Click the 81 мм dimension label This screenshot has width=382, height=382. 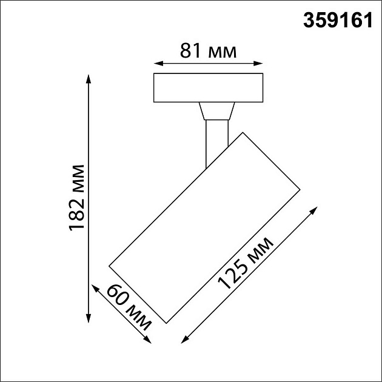coord(208,51)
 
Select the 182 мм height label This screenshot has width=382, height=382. coord(78,198)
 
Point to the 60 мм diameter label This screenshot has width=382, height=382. coord(129,308)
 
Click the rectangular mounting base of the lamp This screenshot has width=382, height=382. coord(208,88)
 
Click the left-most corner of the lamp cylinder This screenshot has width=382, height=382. coord(109,265)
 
